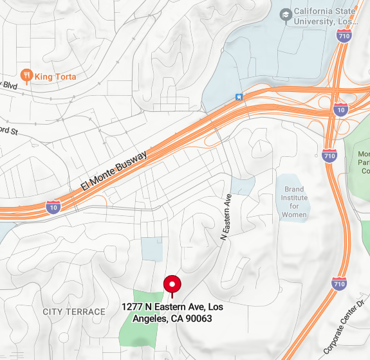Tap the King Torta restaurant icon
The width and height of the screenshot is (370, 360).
(x=26, y=76)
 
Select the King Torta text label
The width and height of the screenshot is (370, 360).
(x=55, y=76)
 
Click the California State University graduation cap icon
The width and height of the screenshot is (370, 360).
(x=285, y=14)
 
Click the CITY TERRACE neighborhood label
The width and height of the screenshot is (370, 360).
(x=74, y=312)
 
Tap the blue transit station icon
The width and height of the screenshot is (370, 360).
(x=239, y=97)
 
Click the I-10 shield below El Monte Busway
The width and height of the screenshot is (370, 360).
(x=54, y=207)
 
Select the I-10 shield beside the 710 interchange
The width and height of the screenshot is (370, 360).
(x=340, y=111)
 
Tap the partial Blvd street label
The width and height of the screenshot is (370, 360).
(x=9, y=84)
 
